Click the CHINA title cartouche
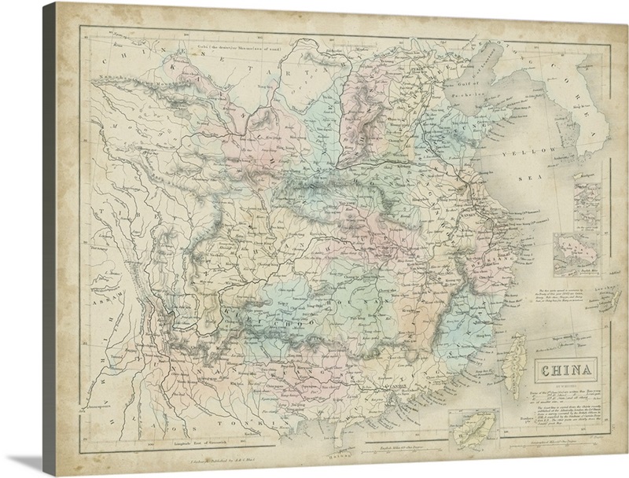(565, 370)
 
